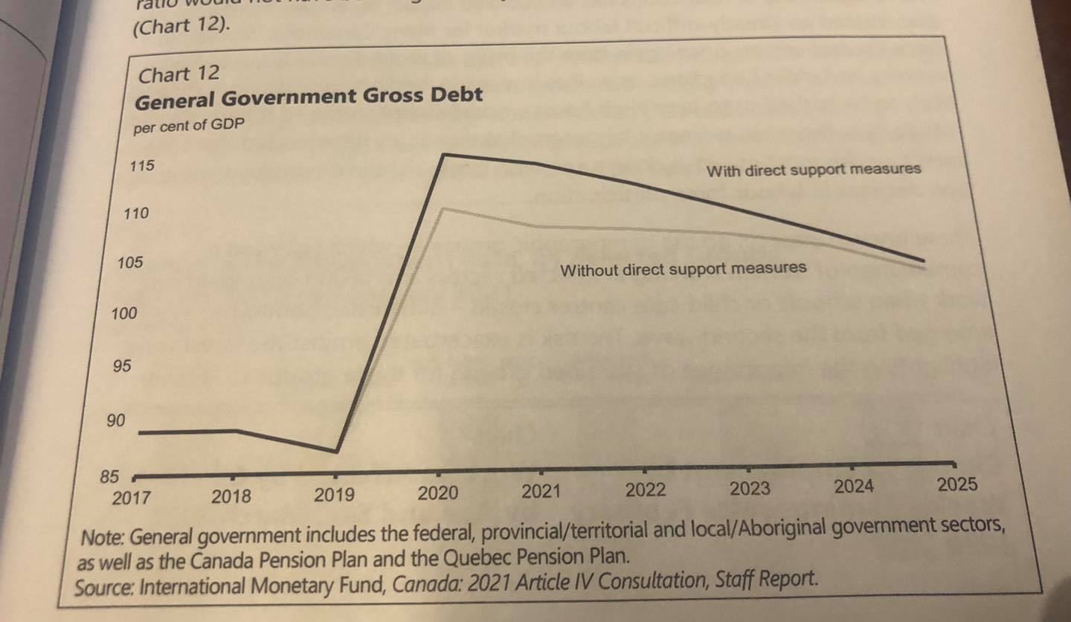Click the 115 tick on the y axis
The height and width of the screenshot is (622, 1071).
pos(142,165)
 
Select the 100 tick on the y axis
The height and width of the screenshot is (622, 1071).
pos(124,314)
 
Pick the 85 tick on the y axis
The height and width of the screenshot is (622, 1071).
pos(109,477)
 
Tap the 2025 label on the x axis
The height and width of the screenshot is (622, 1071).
pos(956,485)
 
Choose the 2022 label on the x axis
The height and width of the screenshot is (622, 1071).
pos(645,490)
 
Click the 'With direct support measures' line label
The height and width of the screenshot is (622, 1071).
pos(813,170)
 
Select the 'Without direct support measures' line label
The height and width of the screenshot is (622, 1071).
pos(683,269)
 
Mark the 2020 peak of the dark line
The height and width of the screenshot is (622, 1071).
pos(444,154)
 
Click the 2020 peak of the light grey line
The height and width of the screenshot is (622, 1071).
pos(443,208)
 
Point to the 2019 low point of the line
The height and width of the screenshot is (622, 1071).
pos(337,451)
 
